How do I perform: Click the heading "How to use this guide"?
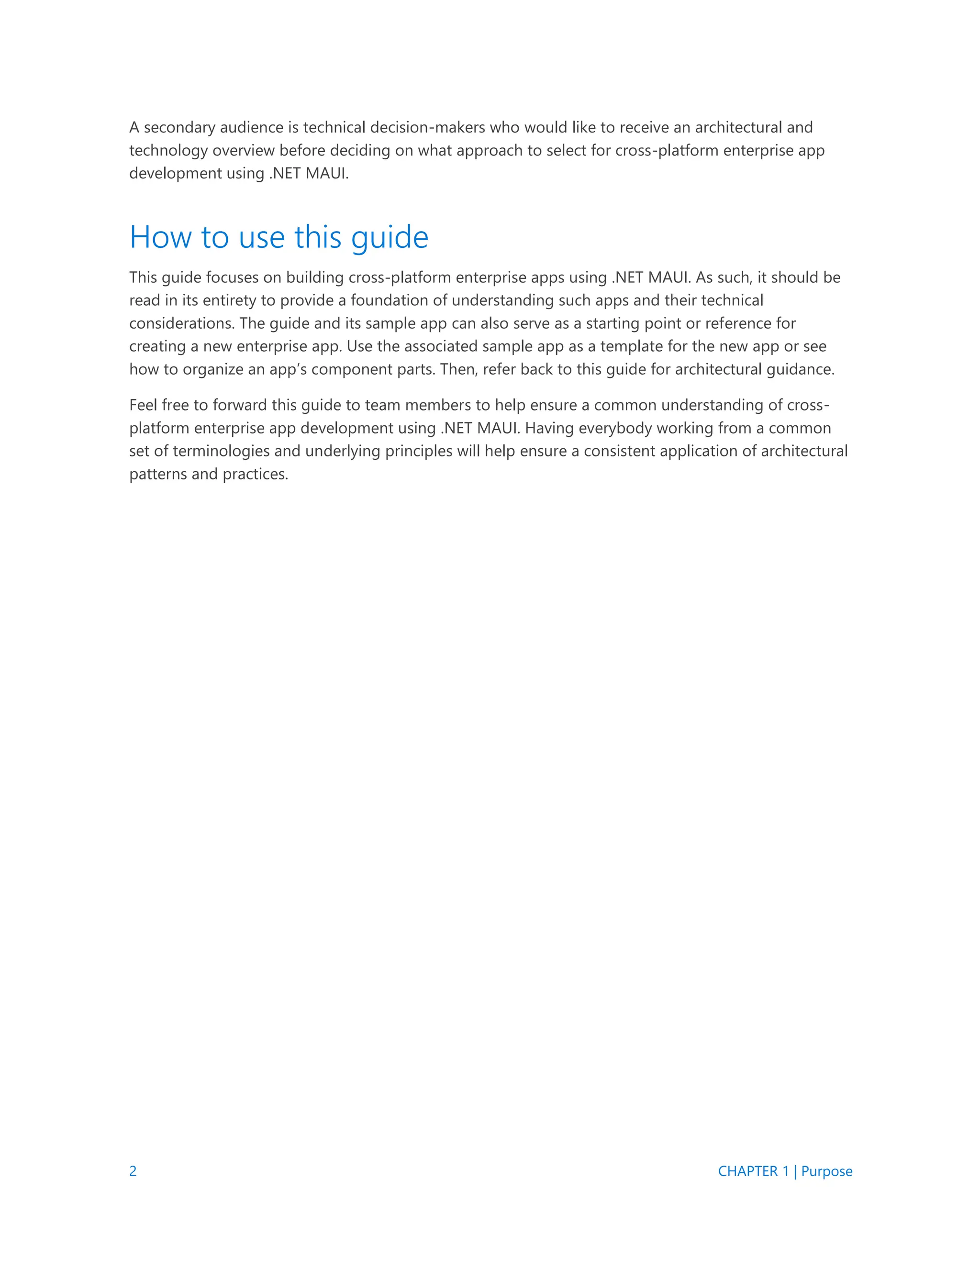278,237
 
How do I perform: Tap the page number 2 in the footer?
133,1171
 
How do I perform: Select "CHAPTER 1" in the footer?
753,1171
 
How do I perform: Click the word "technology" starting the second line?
168,150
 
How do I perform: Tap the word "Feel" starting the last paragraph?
142,405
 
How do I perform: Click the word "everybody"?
612,428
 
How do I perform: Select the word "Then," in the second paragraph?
458,369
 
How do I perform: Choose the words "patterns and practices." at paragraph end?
209,474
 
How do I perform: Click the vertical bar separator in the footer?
795,1171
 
